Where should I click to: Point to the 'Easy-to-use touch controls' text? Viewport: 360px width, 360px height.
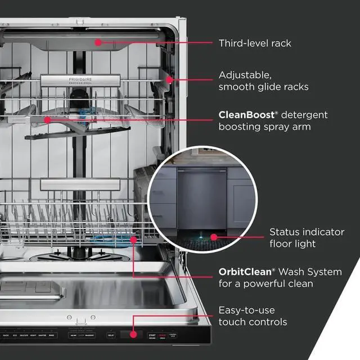(x=253, y=316)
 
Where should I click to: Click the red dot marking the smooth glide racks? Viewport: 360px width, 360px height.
(x=168, y=80)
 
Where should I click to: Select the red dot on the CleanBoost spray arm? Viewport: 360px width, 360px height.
(x=47, y=119)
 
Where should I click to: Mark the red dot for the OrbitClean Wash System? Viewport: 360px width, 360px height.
(x=134, y=239)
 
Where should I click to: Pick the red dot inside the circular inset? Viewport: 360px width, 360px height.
(x=213, y=238)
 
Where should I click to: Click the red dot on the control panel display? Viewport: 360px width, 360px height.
(x=133, y=334)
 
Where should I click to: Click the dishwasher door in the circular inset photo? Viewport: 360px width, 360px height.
(x=200, y=197)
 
